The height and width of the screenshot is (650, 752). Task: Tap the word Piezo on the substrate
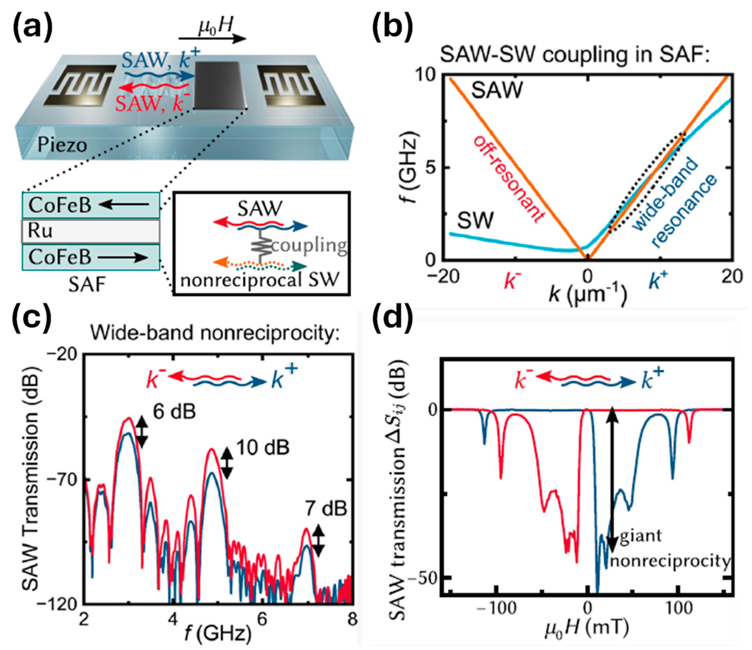point(62,145)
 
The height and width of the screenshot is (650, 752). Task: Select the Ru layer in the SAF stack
point(91,231)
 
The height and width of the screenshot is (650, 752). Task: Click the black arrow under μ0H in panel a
point(212,39)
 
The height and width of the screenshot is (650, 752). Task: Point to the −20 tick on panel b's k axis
point(443,277)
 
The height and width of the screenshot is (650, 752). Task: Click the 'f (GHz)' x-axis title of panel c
point(218,633)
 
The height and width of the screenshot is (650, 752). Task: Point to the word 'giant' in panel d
point(641,536)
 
